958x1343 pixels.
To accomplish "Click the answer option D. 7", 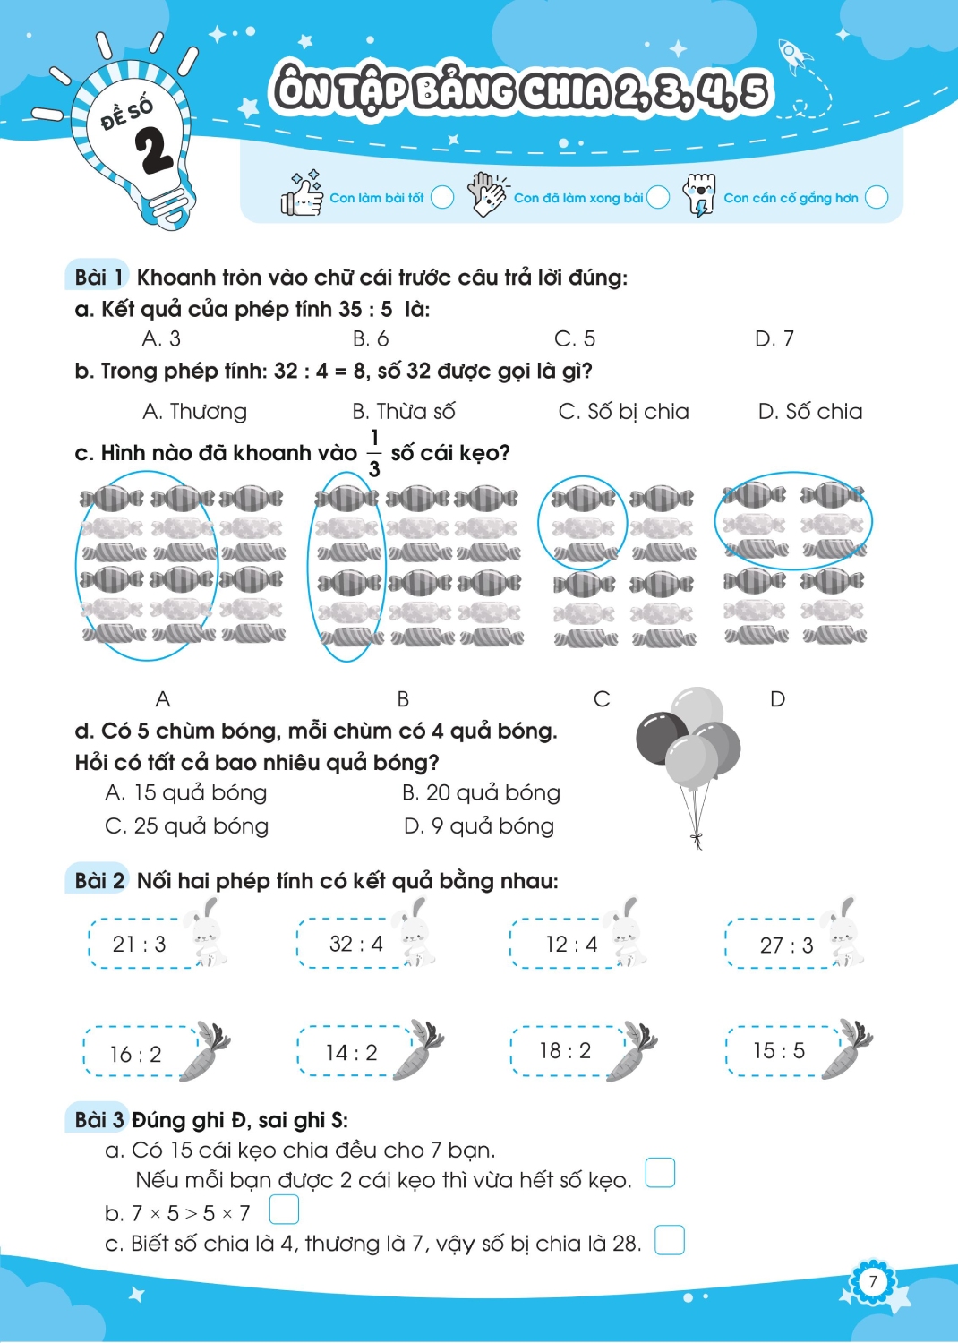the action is [x=774, y=339].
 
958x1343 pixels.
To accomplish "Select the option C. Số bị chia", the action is [x=623, y=412].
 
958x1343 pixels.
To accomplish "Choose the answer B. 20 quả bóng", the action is [x=481, y=792].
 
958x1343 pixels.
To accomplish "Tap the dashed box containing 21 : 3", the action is [x=139, y=943].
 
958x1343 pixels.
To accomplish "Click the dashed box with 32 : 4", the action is [x=355, y=943].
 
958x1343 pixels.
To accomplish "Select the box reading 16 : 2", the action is [x=140, y=1051].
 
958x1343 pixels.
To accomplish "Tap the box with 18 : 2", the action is [x=568, y=1050].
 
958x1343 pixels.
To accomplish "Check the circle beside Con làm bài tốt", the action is [x=442, y=197].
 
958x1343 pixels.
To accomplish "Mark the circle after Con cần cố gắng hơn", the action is [x=877, y=197].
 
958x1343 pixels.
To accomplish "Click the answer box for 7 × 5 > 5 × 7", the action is [x=284, y=1210].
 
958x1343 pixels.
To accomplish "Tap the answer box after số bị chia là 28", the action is [x=670, y=1240].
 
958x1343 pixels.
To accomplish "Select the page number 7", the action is [x=872, y=1281].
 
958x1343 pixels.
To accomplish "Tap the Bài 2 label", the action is [x=99, y=881].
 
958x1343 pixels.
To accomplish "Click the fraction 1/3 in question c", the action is [x=374, y=454].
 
